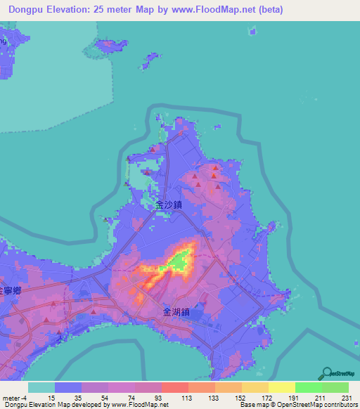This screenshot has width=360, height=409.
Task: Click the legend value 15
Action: click(51, 398)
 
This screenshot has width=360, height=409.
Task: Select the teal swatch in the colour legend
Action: click(41, 387)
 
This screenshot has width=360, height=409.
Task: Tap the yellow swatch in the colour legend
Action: click(281, 387)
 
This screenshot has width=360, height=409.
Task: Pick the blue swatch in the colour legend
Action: click(68, 387)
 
